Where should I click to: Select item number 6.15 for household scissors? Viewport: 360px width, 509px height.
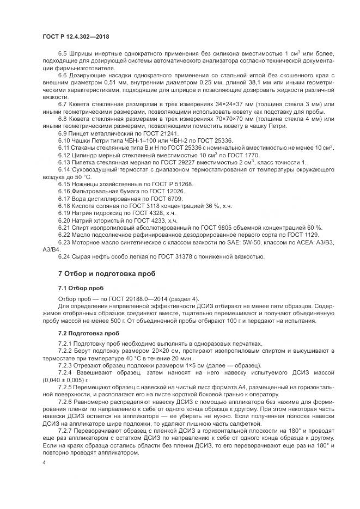click(x=65, y=185)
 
